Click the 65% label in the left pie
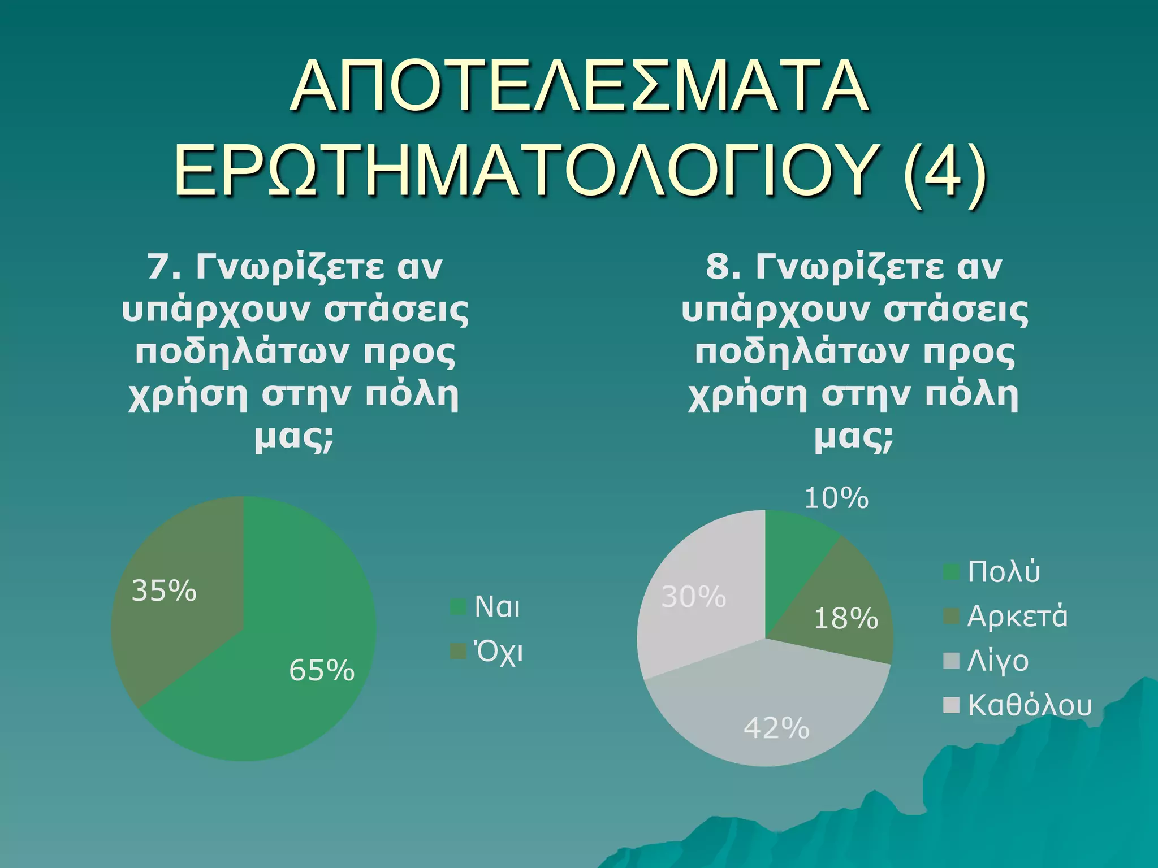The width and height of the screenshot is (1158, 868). (x=322, y=671)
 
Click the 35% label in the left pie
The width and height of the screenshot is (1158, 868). (x=164, y=591)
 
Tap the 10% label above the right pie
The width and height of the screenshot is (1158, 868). (x=836, y=498)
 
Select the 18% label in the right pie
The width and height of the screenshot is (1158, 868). (x=846, y=619)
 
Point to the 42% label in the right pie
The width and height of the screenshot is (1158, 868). (x=776, y=728)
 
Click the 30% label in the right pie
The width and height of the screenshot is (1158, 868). (x=693, y=597)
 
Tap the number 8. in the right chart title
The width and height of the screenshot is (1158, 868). (x=723, y=267)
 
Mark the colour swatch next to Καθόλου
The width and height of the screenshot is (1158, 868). (x=952, y=705)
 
